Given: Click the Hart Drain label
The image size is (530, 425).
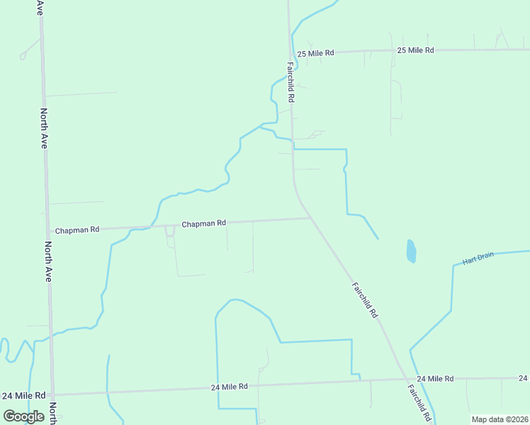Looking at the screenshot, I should tap(478, 259).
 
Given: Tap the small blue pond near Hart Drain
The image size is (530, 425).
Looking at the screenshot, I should tap(411, 251).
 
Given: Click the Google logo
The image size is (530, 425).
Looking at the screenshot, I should tap(23, 416).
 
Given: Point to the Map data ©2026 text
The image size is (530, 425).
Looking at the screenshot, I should tap(499, 419).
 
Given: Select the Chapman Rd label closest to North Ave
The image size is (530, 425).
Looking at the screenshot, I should tap(77, 230).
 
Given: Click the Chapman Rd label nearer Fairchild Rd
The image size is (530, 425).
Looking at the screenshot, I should tap(203, 224).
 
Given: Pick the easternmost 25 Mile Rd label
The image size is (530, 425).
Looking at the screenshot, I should tap(415, 50).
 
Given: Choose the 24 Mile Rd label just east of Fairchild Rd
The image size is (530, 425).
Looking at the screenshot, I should tap(435, 379).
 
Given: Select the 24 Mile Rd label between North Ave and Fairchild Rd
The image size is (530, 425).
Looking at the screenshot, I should tap(229, 387).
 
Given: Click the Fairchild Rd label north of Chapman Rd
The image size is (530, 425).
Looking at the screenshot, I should tap(291, 81).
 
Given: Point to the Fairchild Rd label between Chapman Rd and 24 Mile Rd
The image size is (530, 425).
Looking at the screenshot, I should tap(365, 300).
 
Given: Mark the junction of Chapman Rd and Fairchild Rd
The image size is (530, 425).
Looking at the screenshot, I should tap(310, 218).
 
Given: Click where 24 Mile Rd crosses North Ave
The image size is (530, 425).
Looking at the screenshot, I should tap(52, 394).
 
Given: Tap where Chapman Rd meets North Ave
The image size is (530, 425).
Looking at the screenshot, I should tap(47, 228).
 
